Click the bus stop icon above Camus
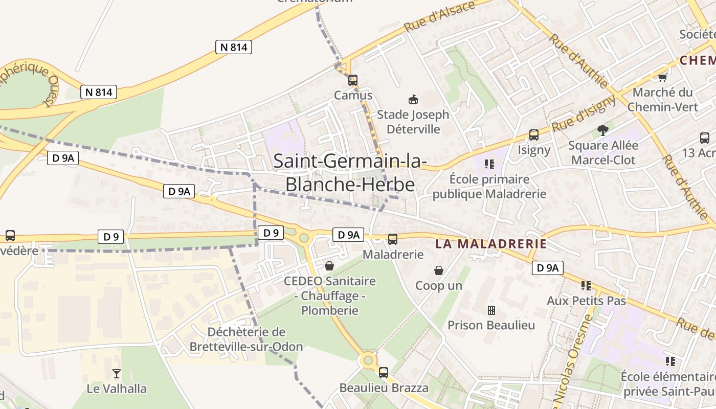coord(352,80)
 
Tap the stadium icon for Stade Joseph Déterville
coord(413,99)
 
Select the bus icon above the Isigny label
coord(533,135)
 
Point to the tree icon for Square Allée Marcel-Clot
coord(603,130)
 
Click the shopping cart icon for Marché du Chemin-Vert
coord(662,77)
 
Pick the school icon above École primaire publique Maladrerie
coord(489,164)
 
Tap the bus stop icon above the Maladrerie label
coord(393,239)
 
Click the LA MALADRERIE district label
coord(491,244)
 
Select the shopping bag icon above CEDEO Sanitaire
coord(329,266)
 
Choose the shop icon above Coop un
coord(438,270)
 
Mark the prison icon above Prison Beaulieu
coord(491,310)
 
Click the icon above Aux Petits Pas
coord(586,285)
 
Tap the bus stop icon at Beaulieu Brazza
coord(384,372)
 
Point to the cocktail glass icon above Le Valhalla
coord(117,374)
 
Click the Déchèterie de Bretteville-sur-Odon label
coord(246,339)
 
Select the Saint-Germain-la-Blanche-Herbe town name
coord(350,172)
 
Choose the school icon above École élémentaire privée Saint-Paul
coord(670,361)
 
